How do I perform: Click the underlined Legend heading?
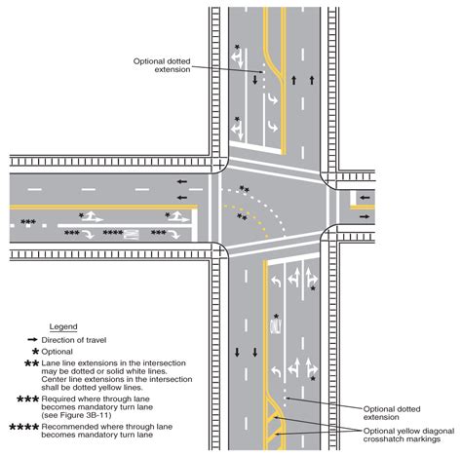pyautogui.click(x=63, y=326)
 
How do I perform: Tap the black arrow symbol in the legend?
pyautogui.click(x=33, y=340)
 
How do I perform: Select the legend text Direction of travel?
pyautogui.click(x=74, y=340)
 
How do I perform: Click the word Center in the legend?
pyautogui.click(x=52, y=379)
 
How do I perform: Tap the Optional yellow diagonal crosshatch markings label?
pyautogui.click(x=408, y=435)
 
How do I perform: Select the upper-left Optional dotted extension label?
pyautogui.click(x=162, y=65)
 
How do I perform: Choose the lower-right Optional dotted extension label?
pyautogui.click(x=392, y=413)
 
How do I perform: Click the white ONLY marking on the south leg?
pyautogui.click(x=276, y=326)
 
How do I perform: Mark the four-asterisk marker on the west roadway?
pyautogui.click(x=113, y=233)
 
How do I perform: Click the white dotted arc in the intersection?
pyautogui.click(x=265, y=203)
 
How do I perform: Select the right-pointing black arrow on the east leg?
pyautogui.click(x=365, y=216)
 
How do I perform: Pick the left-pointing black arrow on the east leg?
pyautogui.click(x=365, y=198)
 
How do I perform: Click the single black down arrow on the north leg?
pyautogui.click(x=255, y=80)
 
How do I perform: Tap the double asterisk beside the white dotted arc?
pyautogui.click(x=245, y=189)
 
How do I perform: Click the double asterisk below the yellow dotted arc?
pyautogui.click(x=242, y=216)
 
